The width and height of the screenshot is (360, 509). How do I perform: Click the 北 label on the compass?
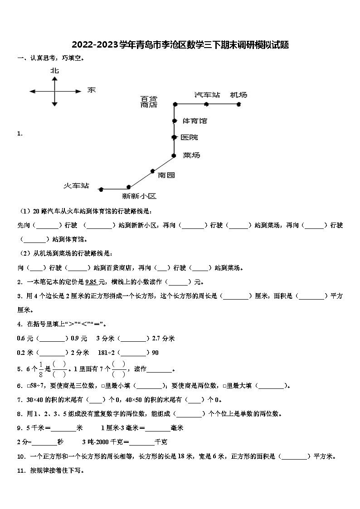click(54, 71)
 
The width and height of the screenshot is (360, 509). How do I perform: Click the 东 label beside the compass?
click(91, 90)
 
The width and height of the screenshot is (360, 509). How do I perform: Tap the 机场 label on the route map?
click(238, 95)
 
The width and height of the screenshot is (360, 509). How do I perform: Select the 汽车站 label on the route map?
click(207, 95)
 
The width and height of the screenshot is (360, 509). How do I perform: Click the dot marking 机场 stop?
click(238, 104)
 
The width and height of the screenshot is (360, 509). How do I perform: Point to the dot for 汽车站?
click(206, 104)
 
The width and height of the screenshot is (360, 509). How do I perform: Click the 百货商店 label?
click(149, 102)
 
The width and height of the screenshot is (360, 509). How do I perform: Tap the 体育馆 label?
click(195, 121)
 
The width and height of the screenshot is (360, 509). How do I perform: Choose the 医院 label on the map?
click(189, 137)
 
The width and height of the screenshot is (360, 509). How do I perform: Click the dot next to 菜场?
click(174, 155)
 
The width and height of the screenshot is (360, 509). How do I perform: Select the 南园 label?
click(166, 175)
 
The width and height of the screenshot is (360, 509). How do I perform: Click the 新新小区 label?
click(139, 196)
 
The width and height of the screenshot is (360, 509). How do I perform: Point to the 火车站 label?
click(76, 186)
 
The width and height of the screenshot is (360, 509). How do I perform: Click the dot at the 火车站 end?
click(101, 189)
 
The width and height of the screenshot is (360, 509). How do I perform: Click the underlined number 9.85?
click(91, 282)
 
